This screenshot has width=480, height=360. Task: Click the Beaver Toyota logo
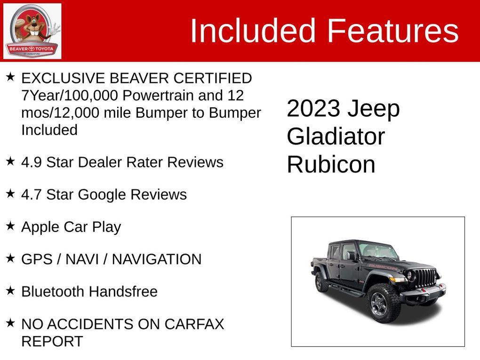pyautogui.click(x=32, y=31)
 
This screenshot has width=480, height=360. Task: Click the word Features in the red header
pyautogui.click(x=392, y=31)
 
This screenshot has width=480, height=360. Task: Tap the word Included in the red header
pyautogui.click(x=252, y=31)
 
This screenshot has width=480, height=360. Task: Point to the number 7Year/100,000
pyautogui.click(x=70, y=96)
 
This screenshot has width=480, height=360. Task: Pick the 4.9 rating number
pyautogui.click(x=32, y=162)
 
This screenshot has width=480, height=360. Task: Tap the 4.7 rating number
pyautogui.click(x=32, y=195)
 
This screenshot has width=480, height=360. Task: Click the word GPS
pyautogui.click(x=37, y=259)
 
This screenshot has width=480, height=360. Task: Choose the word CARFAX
pyautogui.click(x=194, y=324)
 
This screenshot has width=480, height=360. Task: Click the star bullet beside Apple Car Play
pyautogui.click(x=10, y=226)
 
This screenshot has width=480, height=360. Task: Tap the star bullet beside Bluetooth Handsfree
pyautogui.click(x=10, y=290)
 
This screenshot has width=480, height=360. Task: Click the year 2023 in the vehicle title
pyautogui.click(x=313, y=109)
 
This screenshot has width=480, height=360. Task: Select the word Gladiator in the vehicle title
pyautogui.click(x=336, y=137)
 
